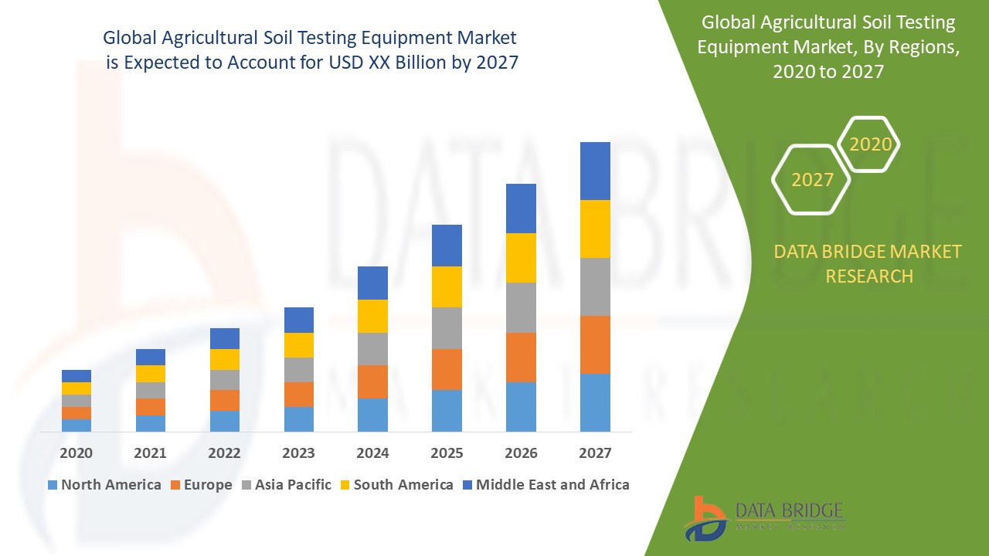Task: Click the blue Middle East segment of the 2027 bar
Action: tap(595, 171)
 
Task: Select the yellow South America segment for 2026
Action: tap(521, 258)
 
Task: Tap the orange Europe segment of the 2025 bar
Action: tap(447, 369)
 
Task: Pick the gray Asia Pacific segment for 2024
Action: tap(372, 349)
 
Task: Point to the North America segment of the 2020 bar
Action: tap(76, 425)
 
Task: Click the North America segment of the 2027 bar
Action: tap(595, 402)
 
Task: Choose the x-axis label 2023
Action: tap(298, 453)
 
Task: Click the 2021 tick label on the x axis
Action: tap(150, 453)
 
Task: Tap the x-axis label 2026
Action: tap(521, 453)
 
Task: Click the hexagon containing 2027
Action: tap(811, 180)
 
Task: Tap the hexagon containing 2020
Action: tap(870, 144)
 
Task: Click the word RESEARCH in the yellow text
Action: tap(869, 276)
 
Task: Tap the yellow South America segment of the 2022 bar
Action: tap(224, 359)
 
